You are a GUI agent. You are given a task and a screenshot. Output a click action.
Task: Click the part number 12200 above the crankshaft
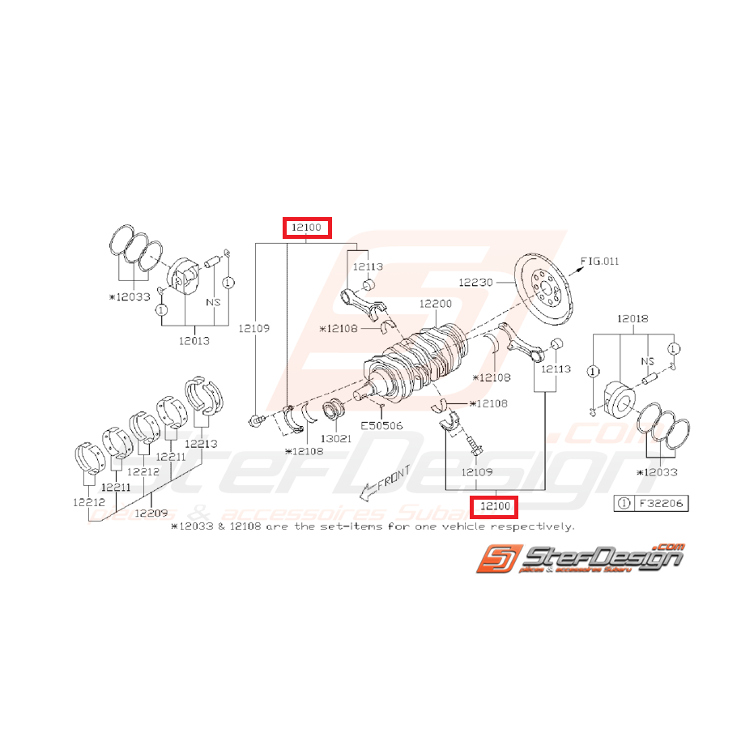(435, 304)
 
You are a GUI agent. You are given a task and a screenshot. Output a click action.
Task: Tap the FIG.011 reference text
(600, 261)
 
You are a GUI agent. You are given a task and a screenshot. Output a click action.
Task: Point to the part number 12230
(475, 282)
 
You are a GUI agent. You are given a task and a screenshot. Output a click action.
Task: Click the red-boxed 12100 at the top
(307, 228)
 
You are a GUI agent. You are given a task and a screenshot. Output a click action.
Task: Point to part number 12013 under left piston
(194, 340)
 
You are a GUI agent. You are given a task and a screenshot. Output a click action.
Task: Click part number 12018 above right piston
(633, 319)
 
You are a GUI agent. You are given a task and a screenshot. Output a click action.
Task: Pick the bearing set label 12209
(151, 512)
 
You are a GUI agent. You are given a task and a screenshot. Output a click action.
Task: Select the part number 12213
(201, 443)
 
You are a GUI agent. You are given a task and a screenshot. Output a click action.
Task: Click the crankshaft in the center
(421, 356)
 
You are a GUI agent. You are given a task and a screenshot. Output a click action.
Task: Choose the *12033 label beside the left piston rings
(130, 297)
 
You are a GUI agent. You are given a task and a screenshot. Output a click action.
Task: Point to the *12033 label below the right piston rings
(658, 472)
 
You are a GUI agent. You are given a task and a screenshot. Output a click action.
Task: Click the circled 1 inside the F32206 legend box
(624, 503)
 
